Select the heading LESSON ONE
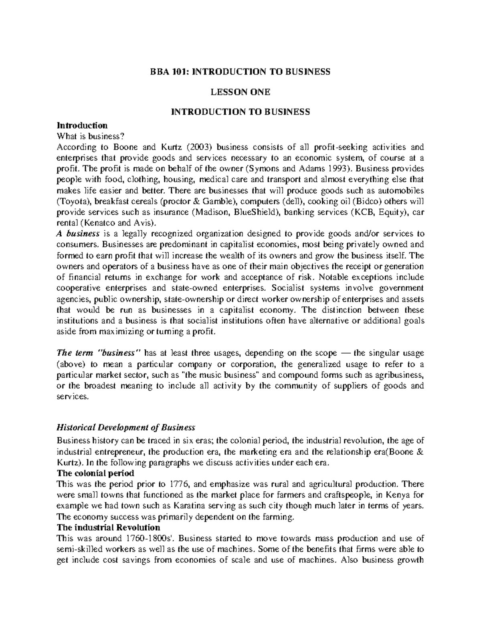[240, 92]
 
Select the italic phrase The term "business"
[99, 353]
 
